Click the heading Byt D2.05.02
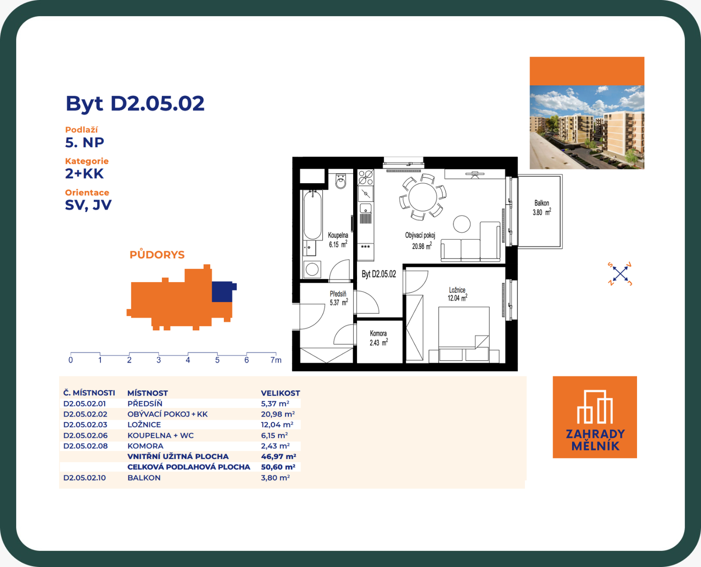tap(135, 104)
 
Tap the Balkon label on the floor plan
tap(542, 203)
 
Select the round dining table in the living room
tap(423, 197)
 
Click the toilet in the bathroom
tap(340, 181)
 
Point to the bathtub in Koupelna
tap(313, 215)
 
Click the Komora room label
tap(378, 333)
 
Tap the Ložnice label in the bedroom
tap(457, 290)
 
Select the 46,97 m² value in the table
tap(278, 457)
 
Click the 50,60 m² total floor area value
tap(278, 467)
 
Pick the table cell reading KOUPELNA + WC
tap(161, 436)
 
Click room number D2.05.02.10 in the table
tap(85, 478)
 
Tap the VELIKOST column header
tap(280, 393)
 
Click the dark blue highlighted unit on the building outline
tap(223, 291)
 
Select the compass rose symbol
tap(620, 274)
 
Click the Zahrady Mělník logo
tap(595, 417)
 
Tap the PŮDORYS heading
tap(157, 255)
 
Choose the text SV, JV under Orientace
tap(88, 205)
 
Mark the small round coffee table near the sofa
tap(462, 224)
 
